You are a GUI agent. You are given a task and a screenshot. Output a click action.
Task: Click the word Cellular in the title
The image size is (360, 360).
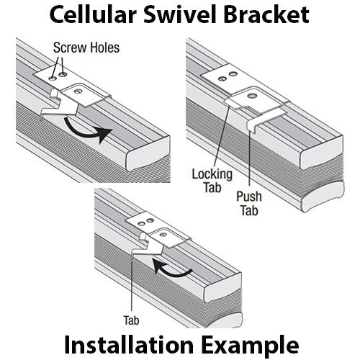[93, 14]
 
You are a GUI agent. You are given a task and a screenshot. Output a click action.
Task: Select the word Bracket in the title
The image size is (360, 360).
[266, 14]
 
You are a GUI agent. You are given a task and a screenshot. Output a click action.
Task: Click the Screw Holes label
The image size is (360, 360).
[86, 48]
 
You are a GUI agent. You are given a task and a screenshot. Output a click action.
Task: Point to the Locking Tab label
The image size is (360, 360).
[212, 181]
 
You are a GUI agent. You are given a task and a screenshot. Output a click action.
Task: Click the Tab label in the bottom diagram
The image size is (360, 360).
[131, 320]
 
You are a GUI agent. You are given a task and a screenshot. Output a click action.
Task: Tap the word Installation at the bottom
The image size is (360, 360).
[129, 345]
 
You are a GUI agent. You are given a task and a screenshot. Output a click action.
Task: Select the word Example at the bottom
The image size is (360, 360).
[250, 346]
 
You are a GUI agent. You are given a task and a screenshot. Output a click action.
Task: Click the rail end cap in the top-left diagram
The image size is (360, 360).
[148, 153]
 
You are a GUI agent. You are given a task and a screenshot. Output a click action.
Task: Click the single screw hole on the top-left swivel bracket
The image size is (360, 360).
[78, 91]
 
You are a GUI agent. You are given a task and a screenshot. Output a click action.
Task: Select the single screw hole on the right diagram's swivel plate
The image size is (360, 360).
[252, 96]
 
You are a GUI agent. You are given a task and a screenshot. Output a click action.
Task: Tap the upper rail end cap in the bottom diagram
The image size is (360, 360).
[222, 287]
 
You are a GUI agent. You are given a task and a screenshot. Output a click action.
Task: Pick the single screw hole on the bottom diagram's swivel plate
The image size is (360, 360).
[164, 234]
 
